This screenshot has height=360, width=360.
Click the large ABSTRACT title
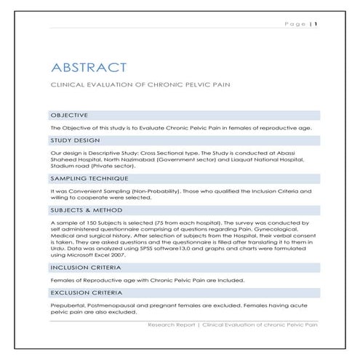pyautogui.click(x=89, y=68)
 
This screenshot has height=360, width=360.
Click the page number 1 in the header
pyautogui.click(x=316, y=23)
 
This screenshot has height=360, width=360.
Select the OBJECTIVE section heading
pyautogui.click(x=69, y=115)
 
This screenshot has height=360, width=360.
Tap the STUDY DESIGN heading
pyautogui.click(x=75, y=141)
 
